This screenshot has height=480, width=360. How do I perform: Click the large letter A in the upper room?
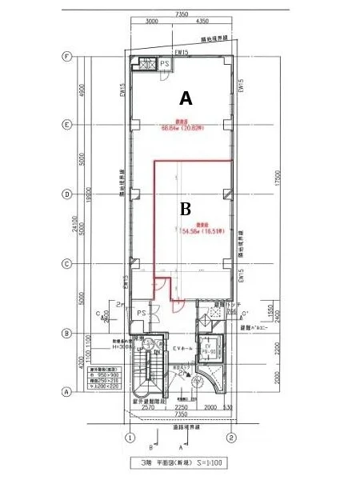186,98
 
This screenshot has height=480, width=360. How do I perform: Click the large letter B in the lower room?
185,209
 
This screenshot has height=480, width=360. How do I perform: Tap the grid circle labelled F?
67,57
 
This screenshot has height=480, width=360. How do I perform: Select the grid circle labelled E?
67,125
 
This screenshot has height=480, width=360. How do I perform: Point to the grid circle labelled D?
67,194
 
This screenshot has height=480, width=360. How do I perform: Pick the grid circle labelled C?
67,263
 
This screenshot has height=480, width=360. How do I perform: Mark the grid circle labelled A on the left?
67,391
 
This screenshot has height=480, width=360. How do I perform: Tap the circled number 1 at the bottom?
128,438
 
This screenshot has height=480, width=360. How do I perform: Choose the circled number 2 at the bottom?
230,438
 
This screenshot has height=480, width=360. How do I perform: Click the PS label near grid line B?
140,312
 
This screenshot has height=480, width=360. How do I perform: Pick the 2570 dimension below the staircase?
146,407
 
